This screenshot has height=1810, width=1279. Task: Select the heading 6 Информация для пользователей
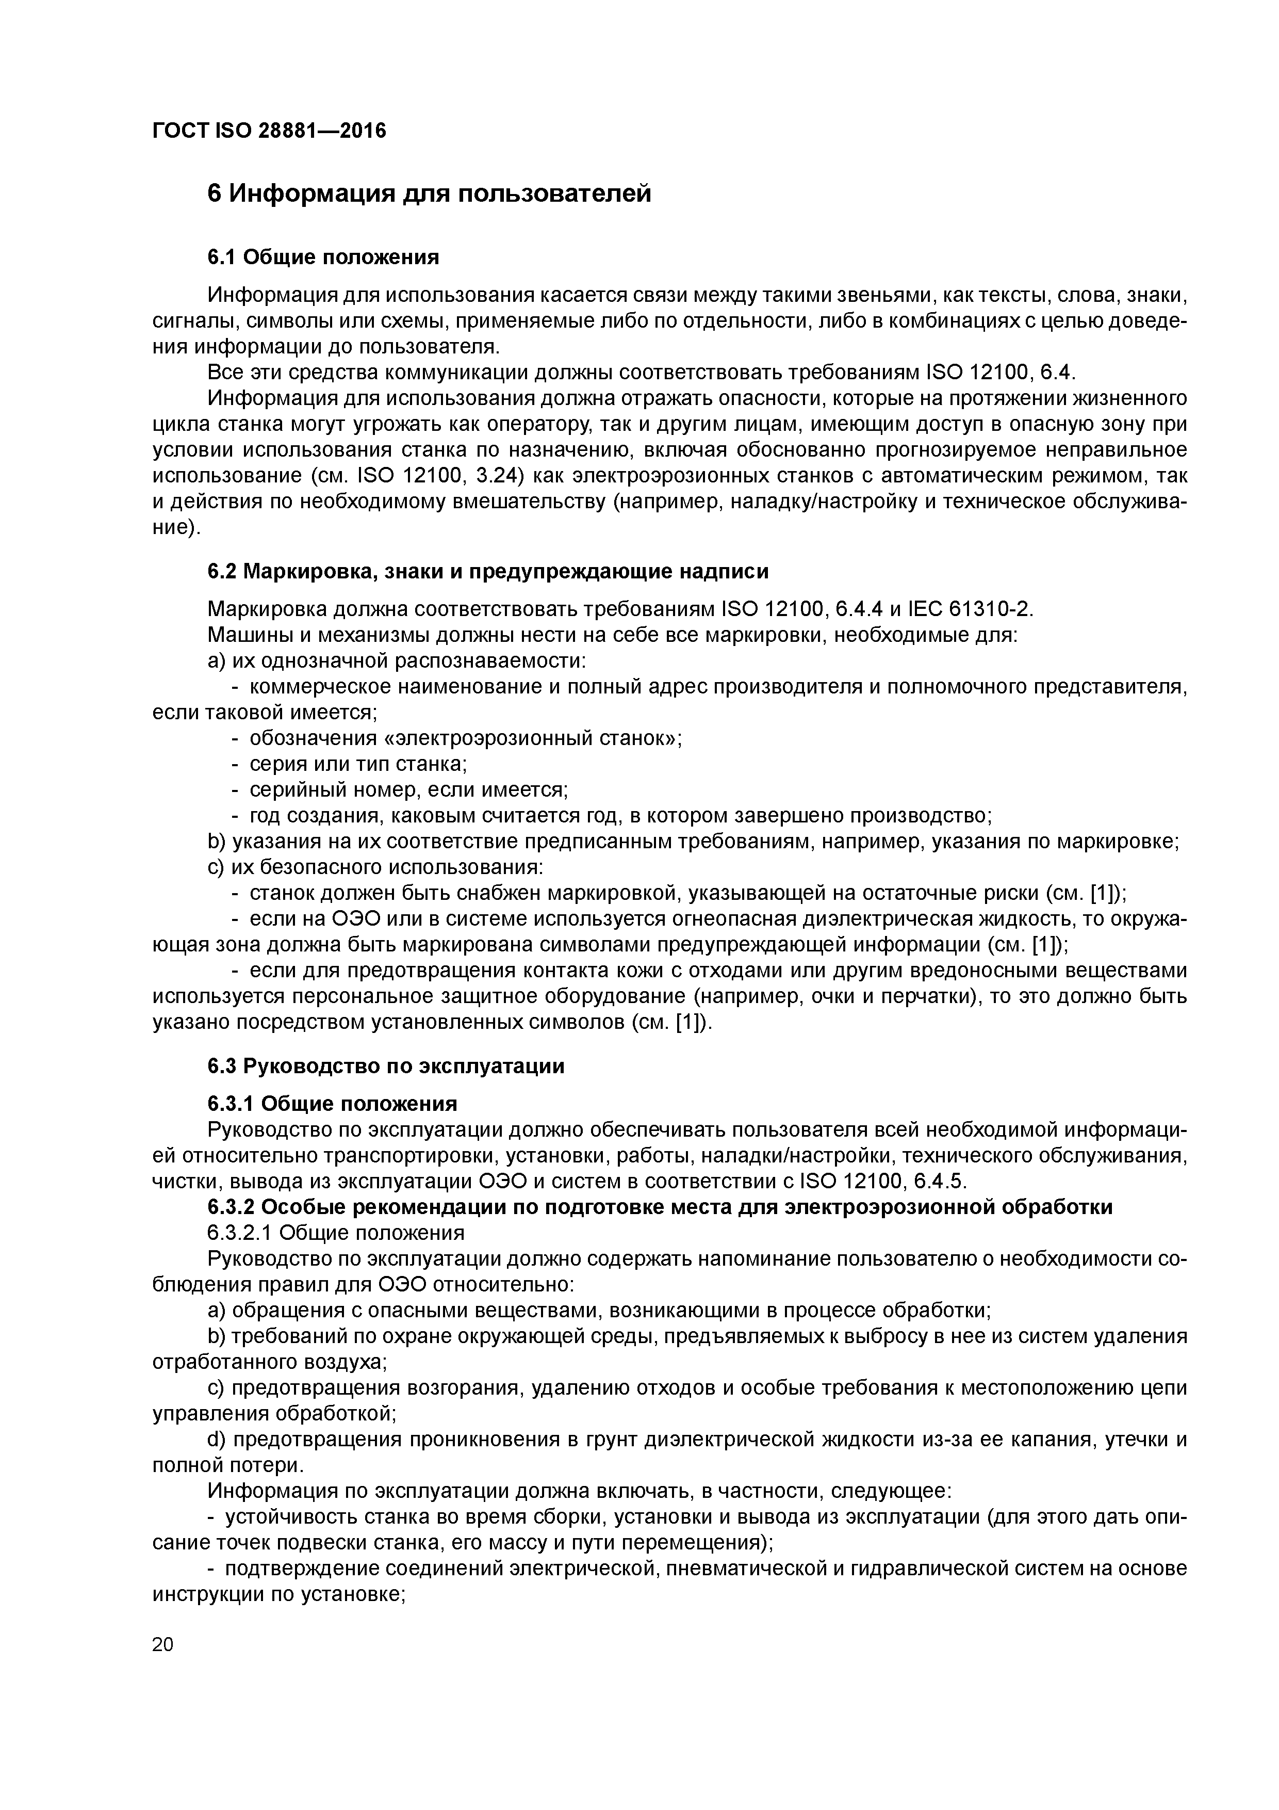(x=429, y=192)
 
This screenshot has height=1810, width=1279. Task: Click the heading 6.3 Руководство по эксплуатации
(x=386, y=1066)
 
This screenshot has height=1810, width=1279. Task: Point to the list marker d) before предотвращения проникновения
(x=216, y=1440)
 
